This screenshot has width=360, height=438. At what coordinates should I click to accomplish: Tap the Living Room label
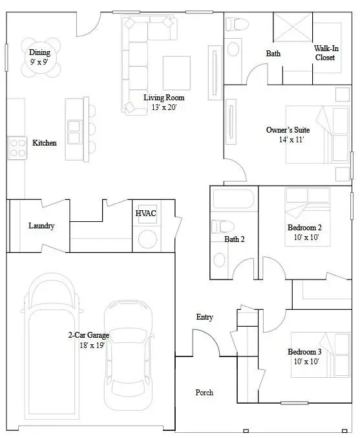coord(160,97)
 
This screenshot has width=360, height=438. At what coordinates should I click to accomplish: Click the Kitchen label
coord(44,142)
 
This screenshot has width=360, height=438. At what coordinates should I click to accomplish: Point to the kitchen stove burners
coord(16,148)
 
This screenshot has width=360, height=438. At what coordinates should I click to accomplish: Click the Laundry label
coord(41,226)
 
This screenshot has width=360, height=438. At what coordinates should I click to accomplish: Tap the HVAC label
coord(145,213)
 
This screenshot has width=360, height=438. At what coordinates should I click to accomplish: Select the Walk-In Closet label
coord(325,53)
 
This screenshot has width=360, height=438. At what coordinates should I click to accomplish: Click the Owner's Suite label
coord(286,130)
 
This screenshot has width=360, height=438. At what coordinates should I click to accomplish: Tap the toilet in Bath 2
coord(221,226)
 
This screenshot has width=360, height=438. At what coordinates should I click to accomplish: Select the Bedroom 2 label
coord(304,228)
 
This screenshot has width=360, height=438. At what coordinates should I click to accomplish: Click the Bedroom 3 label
coord(305,352)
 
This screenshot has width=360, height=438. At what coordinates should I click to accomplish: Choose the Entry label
coord(205,317)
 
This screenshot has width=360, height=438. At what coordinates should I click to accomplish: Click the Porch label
coord(204,393)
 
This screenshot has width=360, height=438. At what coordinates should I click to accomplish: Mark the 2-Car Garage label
coord(89,335)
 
